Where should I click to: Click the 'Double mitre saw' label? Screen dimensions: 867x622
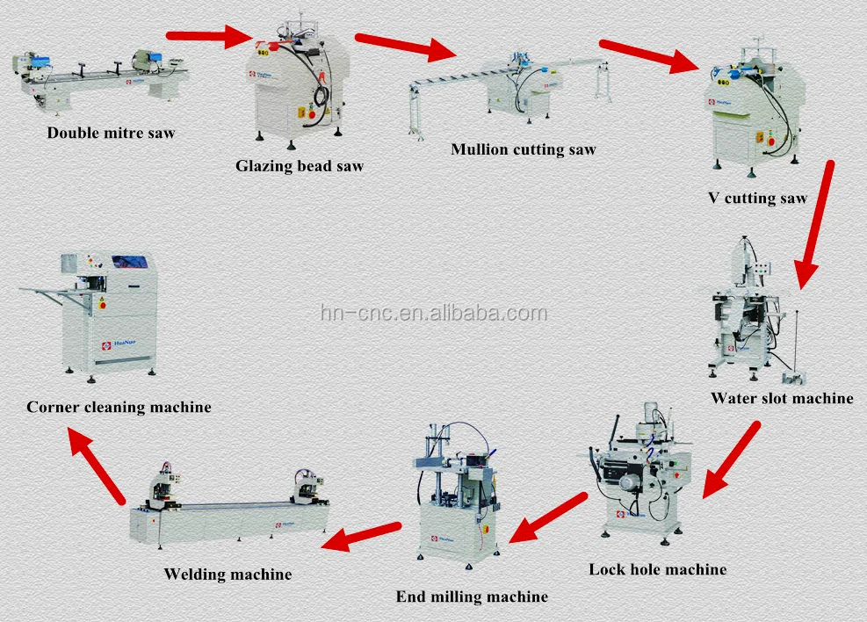point(111,134)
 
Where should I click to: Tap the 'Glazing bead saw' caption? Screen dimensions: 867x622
point(299,165)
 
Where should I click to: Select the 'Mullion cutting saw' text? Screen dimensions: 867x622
point(523,149)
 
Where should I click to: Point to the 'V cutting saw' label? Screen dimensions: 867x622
point(757,198)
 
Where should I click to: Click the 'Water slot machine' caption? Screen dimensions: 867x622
point(782,398)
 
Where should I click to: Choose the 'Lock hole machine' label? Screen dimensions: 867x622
point(657,569)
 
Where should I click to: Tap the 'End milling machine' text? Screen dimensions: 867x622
point(472,597)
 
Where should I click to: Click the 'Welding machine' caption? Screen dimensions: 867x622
point(228,575)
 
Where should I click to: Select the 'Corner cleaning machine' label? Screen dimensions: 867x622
point(119,407)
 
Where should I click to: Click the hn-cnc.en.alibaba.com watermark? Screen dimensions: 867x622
point(433,314)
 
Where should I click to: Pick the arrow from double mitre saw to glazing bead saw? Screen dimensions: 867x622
point(208,36)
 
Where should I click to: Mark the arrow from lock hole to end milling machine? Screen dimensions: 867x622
point(547,517)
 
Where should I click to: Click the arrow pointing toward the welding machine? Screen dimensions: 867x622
point(360,535)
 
